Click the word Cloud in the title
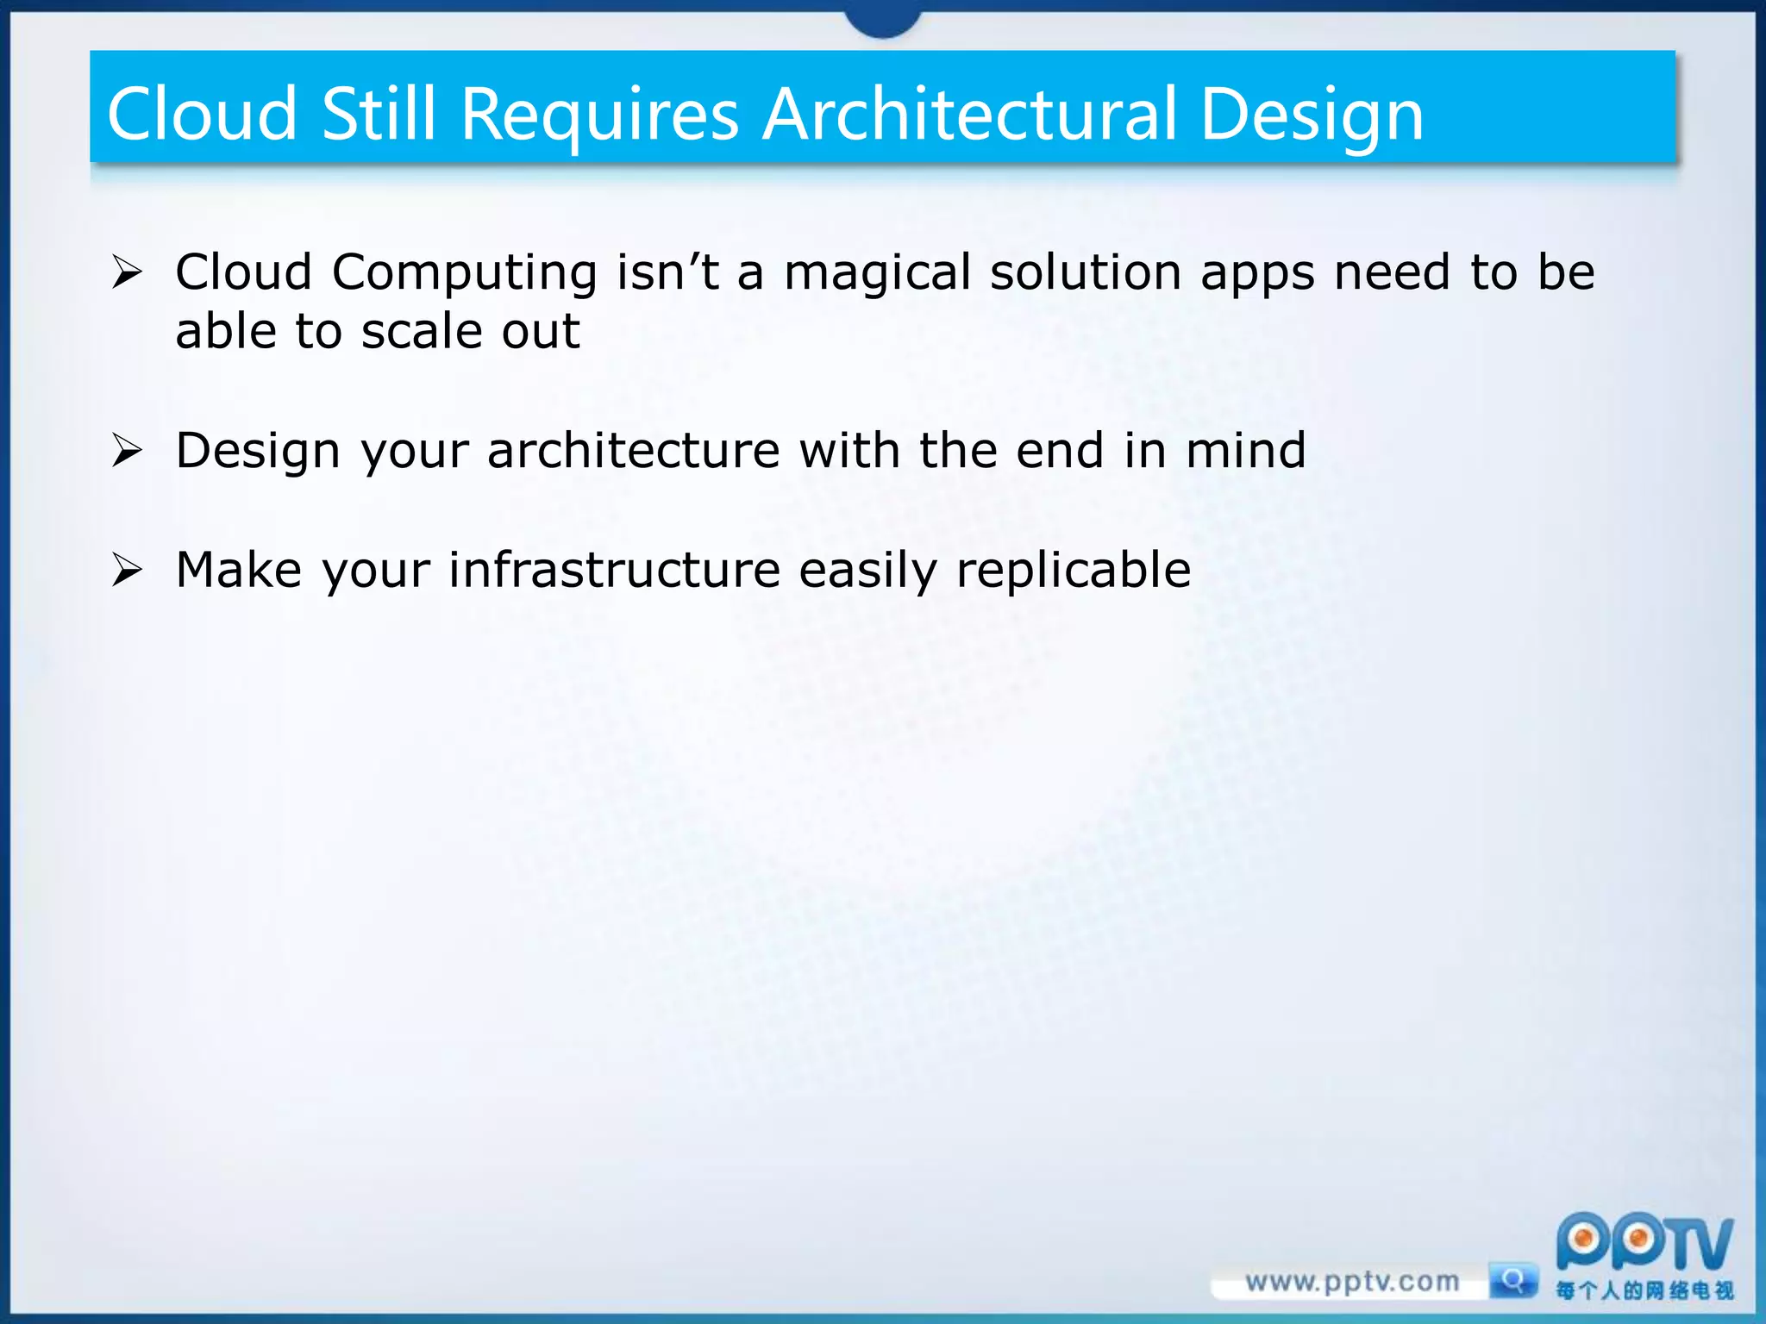click(202, 115)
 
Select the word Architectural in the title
click(970, 115)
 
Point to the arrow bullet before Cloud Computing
click(127, 273)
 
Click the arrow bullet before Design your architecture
click(127, 451)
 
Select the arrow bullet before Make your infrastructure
click(127, 570)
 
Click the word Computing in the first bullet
click(464, 274)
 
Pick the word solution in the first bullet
click(1086, 272)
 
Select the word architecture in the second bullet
click(634, 451)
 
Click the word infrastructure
click(614, 570)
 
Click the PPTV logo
click(1644, 1244)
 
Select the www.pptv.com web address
click(1351, 1282)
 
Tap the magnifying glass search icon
click(1512, 1281)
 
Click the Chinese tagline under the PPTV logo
click(1644, 1290)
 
